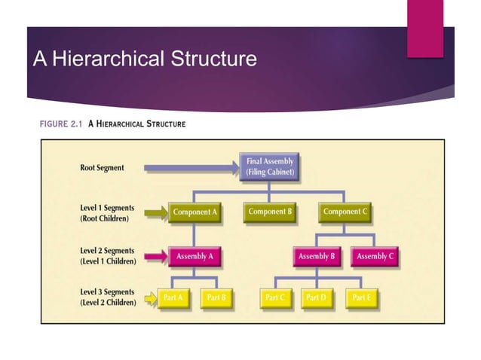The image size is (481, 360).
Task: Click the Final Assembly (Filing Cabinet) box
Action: click(270, 166)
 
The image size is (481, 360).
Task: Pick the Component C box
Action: click(345, 212)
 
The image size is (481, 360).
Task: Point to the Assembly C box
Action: click(375, 257)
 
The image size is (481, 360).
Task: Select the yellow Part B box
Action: click(216, 298)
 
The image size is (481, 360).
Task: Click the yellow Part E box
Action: click(360, 298)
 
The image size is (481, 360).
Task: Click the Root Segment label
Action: click(102, 168)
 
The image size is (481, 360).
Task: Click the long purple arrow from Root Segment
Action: click(188, 167)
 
